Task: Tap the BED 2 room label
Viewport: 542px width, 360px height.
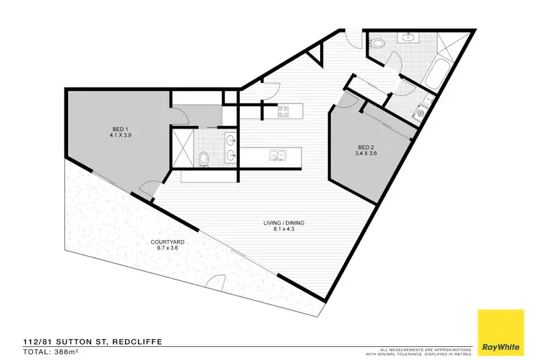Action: click(x=366, y=146)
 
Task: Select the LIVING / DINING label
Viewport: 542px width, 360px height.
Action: click(x=283, y=223)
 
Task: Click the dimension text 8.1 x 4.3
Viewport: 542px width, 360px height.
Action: click(x=283, y=230)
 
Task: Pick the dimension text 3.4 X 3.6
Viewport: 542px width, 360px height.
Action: click(x=366, y=153)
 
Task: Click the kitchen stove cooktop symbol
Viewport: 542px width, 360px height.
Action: click(x=283, y=111)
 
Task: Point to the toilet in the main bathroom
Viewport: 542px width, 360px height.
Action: click(x=377, y=43)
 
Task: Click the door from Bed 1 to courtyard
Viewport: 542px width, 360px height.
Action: click(x=146, y=189)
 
